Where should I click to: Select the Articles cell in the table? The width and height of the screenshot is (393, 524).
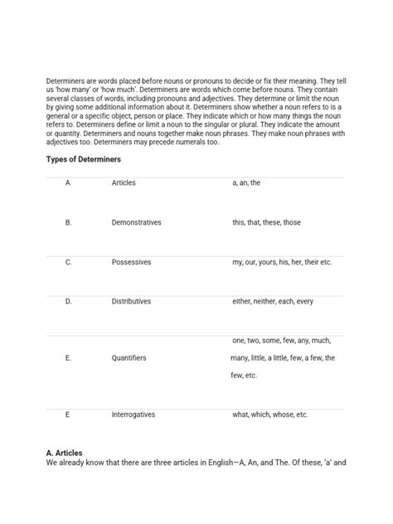124,182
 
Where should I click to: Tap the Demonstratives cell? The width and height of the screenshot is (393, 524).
136,222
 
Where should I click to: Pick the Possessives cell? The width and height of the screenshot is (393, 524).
131,262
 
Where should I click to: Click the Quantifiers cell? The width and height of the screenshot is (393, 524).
129,358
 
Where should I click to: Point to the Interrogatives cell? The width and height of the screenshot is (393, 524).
133,415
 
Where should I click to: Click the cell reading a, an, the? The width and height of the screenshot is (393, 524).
246,182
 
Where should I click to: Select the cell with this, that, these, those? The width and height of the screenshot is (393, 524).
266,222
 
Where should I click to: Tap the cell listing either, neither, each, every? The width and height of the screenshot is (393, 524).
273,302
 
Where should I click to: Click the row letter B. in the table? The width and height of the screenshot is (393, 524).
69,222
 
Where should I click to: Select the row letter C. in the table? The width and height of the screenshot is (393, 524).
69,262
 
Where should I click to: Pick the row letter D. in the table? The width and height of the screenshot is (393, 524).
69,302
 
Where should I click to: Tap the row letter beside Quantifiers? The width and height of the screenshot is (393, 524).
68,358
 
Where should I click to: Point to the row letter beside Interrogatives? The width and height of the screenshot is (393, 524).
67,415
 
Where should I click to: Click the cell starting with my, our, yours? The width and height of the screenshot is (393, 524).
282,262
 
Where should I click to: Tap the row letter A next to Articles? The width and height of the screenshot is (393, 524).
67,182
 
